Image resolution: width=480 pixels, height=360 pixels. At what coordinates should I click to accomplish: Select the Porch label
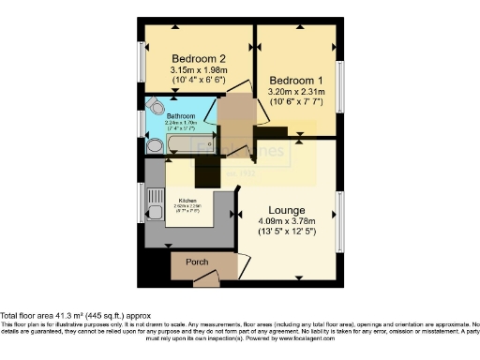pyautogui.click(x=197, y=262)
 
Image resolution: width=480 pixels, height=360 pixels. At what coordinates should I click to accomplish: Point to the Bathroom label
pyautogui.click(x=180, y=116)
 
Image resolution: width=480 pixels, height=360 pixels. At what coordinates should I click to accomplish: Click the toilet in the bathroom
pyautogui.click(x=155, y=106)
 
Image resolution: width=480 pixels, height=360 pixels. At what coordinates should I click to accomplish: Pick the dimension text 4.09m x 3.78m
pyautogui.click(x=286, y=222)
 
